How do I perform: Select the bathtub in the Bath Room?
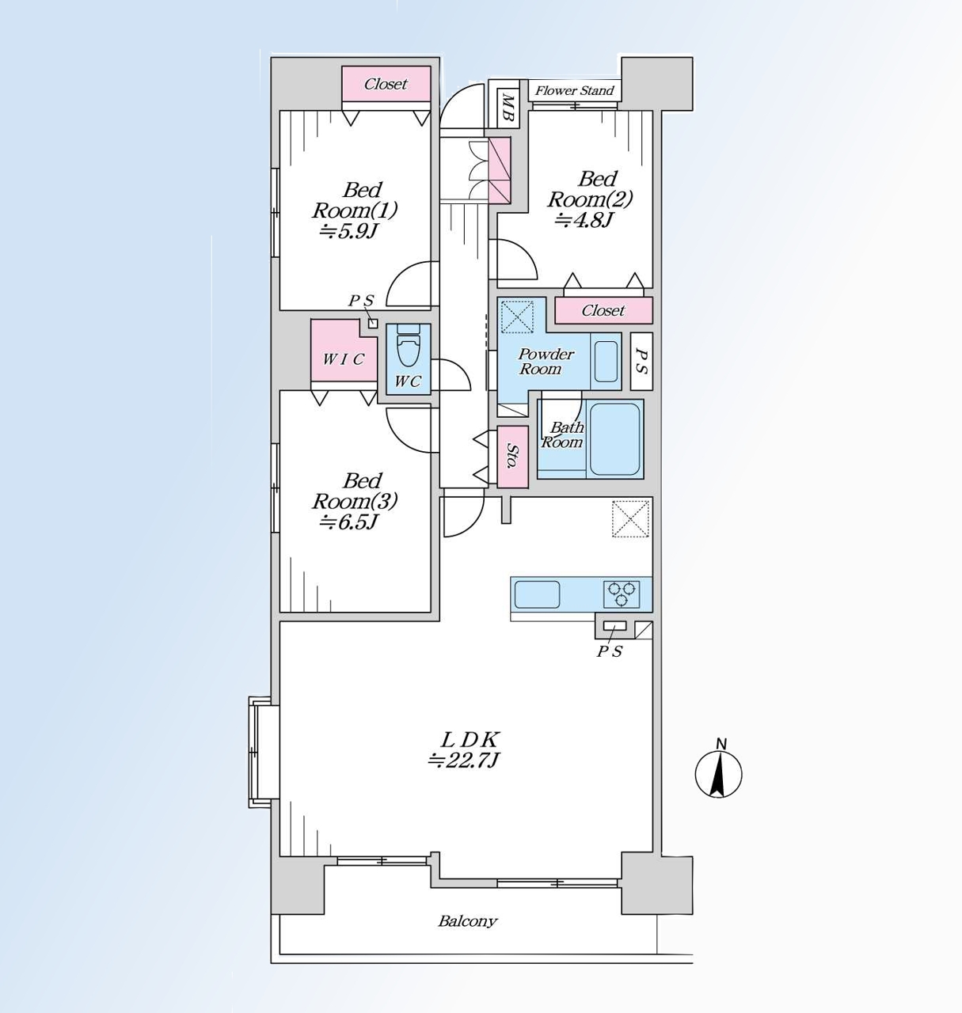pyautogui.click(x=614, y=438)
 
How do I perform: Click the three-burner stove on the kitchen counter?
pyautogui.click(x=622, y=594)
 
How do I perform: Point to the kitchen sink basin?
pyautogui.click(x=537, y=594)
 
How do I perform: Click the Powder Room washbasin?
pyautogui.click(x=606, y=361)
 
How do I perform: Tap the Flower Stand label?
pyautogui.click(x=574, y=91)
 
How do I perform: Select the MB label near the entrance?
pyautogui.click(x=508, y=108)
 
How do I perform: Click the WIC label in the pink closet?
pyautogui.click(x=344, y=359)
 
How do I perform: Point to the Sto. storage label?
pyautogui.click(x=512, y=456)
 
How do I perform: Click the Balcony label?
pyautogui.click(x=468, y=920)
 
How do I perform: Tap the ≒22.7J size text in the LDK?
pyautogui.click(x=464, y=760)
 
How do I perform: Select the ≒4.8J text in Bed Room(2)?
pyautogui.click(x=583, y=220)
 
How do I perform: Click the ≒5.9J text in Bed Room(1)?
pyautogui.click(x=348, y=231)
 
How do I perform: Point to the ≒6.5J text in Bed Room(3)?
pyautogui.click(x=349, y=522)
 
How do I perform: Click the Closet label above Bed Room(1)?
pyautogui.click(x=386, y=84)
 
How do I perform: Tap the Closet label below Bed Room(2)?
pyautogui.click(x=603, y=310)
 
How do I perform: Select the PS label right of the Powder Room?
pyautogui.click(x=641, y=361)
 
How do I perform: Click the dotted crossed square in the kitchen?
pyautogui.click(x=630, y=519)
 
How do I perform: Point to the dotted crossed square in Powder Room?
pyautogui.click(x=517, y=316)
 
